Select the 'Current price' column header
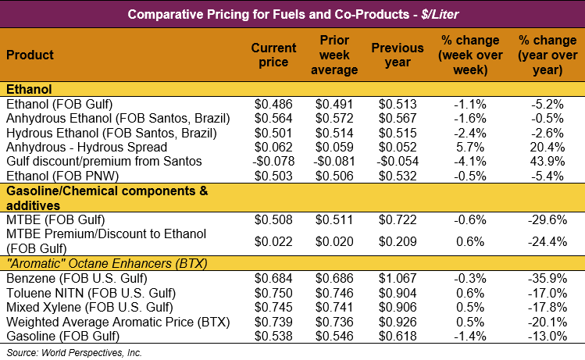(273, 55)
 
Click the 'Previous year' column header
(398, 55)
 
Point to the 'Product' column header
(30, 55)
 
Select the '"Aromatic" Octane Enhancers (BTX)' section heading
(106, 263)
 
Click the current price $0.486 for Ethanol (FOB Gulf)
(274, 104)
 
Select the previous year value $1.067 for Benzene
(398, 279)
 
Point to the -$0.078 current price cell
(272, 160)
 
